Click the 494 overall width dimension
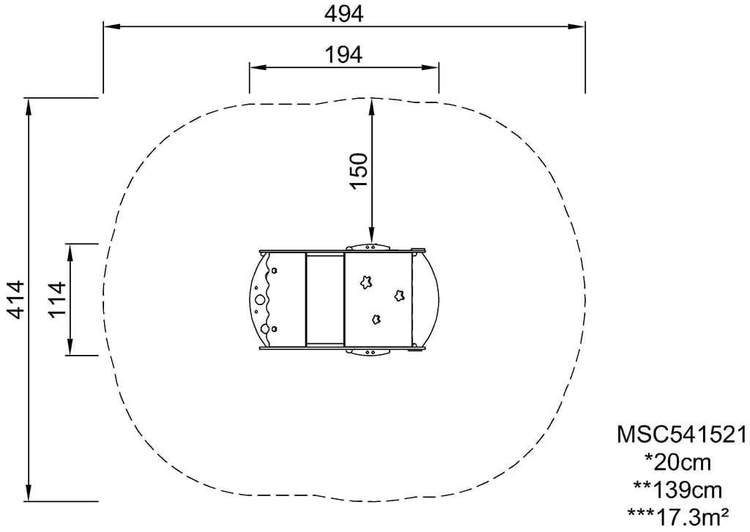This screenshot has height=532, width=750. click(x=344, y=14)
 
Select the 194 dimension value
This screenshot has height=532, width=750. click(x=344, y=55)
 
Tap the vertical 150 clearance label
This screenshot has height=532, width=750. click(x=359, y=171)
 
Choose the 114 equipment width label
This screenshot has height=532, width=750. click(x=56, y=300)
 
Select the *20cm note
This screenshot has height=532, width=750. click(x=677, y=462)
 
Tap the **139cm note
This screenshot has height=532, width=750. click(x=677, y=489)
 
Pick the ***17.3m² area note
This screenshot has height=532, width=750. click(x=677, y=516)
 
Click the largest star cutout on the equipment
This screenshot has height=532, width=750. click(x=366, y=282)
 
